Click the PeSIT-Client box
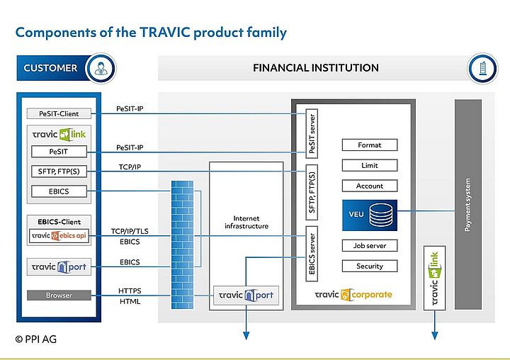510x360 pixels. click(59, 113)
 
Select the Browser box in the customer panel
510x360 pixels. click(59, 295)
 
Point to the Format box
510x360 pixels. click(369, 145)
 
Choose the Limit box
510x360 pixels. click(369, 165)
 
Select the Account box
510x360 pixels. click(369, 186)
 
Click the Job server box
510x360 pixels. click(369, 246)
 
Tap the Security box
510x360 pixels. click(369, 266)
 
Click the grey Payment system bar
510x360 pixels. click(467, 204)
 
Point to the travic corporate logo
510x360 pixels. click(353, 294)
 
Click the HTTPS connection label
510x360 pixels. click(130, 291)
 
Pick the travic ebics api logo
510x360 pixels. click(59, 236)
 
